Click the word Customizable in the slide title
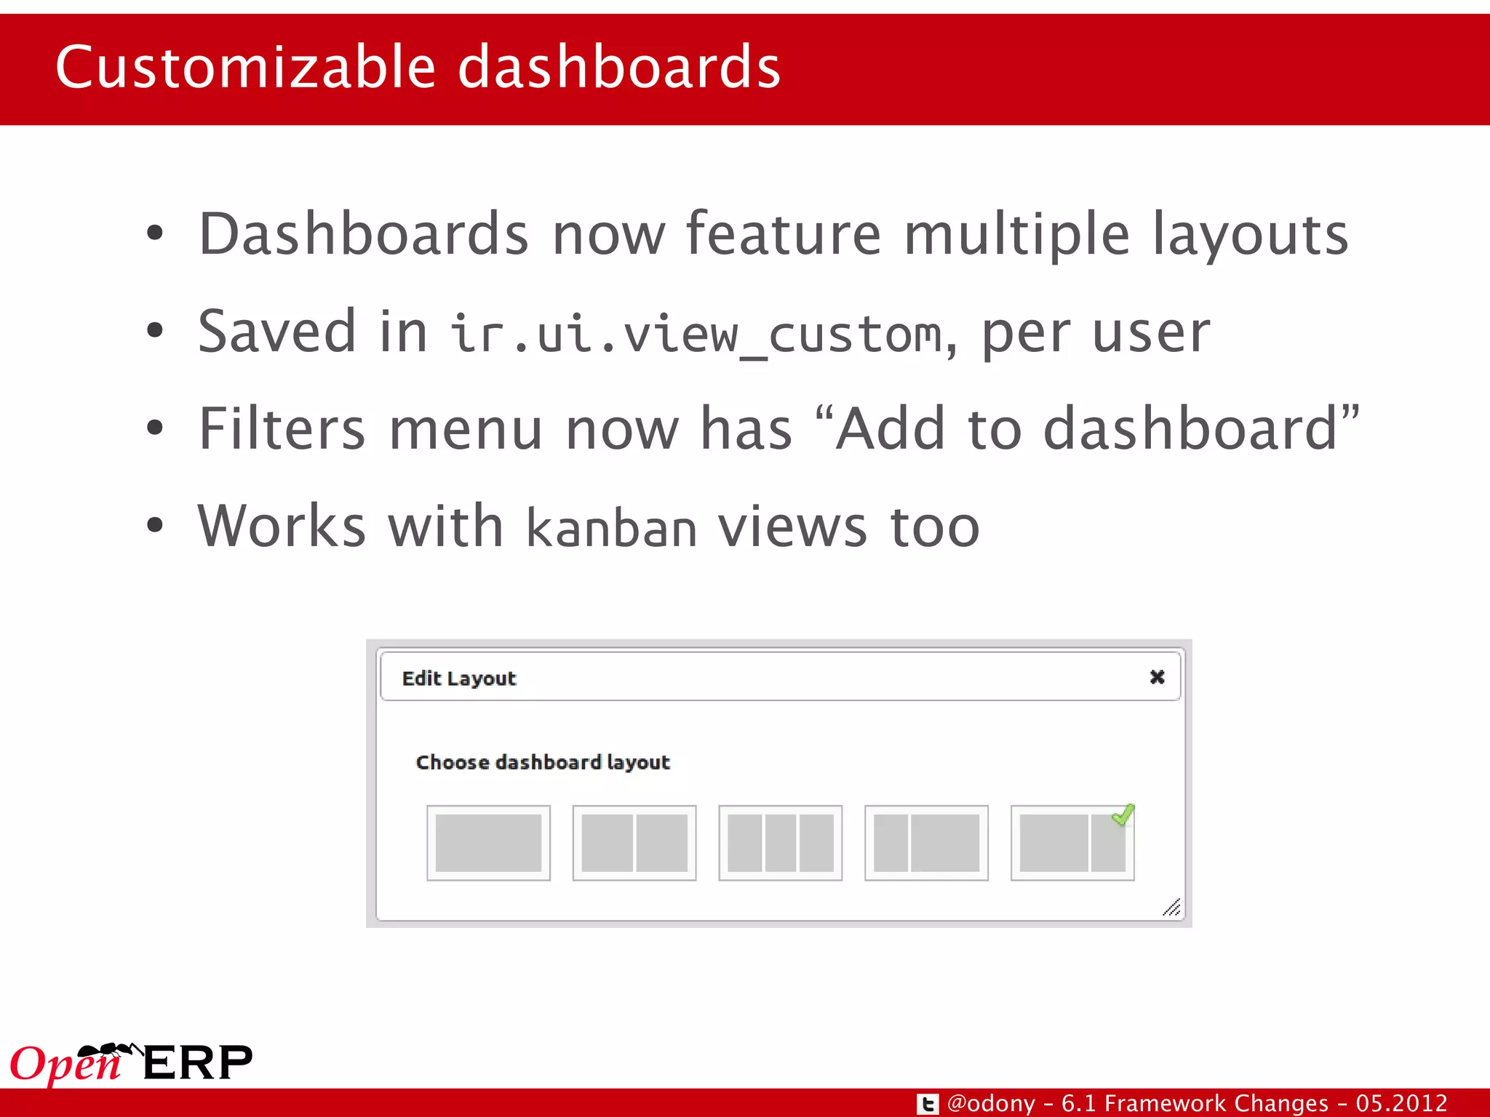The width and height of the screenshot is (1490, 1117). (245, 67)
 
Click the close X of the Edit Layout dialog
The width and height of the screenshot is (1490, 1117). (1157, 677)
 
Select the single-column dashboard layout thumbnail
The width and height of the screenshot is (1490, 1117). (488, 843)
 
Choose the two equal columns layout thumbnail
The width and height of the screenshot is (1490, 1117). (634, 843)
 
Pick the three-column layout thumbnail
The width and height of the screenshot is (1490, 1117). (780, 843)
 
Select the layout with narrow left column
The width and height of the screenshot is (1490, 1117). (926, 843)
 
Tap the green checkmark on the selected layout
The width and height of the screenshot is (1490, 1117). (1123, 814)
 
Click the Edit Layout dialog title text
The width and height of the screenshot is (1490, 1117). (459, 678)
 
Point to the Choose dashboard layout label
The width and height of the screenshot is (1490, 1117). (543, 762)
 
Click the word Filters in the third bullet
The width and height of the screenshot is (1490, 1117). (282, 429)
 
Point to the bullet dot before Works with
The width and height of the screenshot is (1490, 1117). (154, 525)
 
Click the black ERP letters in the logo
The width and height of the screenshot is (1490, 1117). (198, 1063)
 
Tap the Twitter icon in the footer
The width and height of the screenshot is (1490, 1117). (928, 1104)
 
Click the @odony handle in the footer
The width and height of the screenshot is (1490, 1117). (991, 1103)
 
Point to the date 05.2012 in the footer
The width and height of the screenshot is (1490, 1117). (1401, 1103)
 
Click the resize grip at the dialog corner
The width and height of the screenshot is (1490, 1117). (1171, 908)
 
